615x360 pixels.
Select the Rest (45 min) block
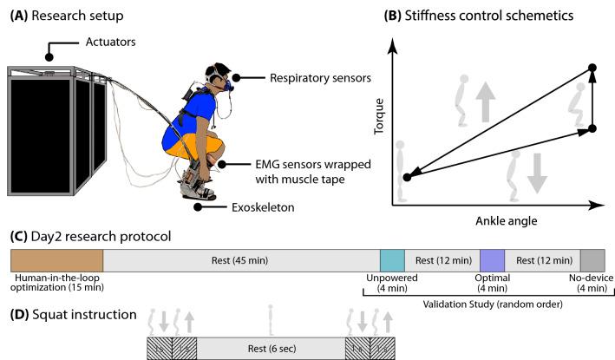coord(241,260)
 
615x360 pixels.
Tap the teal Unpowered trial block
coord(392,260)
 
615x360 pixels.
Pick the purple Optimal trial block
coord(492,260)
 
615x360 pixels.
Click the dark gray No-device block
coord(592,260)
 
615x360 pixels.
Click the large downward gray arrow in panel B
coord(538,171)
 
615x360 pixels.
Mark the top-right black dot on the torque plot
coord(592,68)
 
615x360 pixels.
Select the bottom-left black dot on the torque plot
coord(406,178)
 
